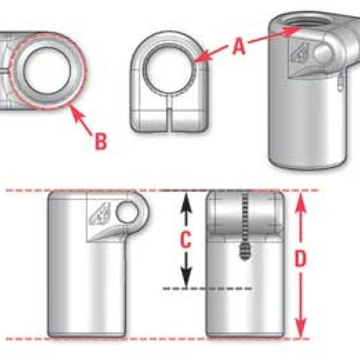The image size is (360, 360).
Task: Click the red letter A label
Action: [x=239, y=47]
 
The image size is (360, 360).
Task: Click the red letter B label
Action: [x=100, y=141]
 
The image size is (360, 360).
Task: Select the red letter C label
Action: [x=186, y=239]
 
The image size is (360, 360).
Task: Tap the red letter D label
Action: [x=301, y=259]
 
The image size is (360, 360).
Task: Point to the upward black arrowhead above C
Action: [x=186, y=203]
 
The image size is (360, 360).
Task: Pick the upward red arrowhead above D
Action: [x=300, y=203]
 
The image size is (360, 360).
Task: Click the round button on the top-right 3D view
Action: [x=322, y=54]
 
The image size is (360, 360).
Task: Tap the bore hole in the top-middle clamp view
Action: [x=170, y=69]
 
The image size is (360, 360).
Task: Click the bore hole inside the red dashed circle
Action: [x=46, y=70]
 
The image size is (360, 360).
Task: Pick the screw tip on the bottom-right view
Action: [x=244, y=250]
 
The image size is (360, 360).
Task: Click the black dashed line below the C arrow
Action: [x=208, y=288]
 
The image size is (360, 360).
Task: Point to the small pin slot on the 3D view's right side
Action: [x=340, y=82]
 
